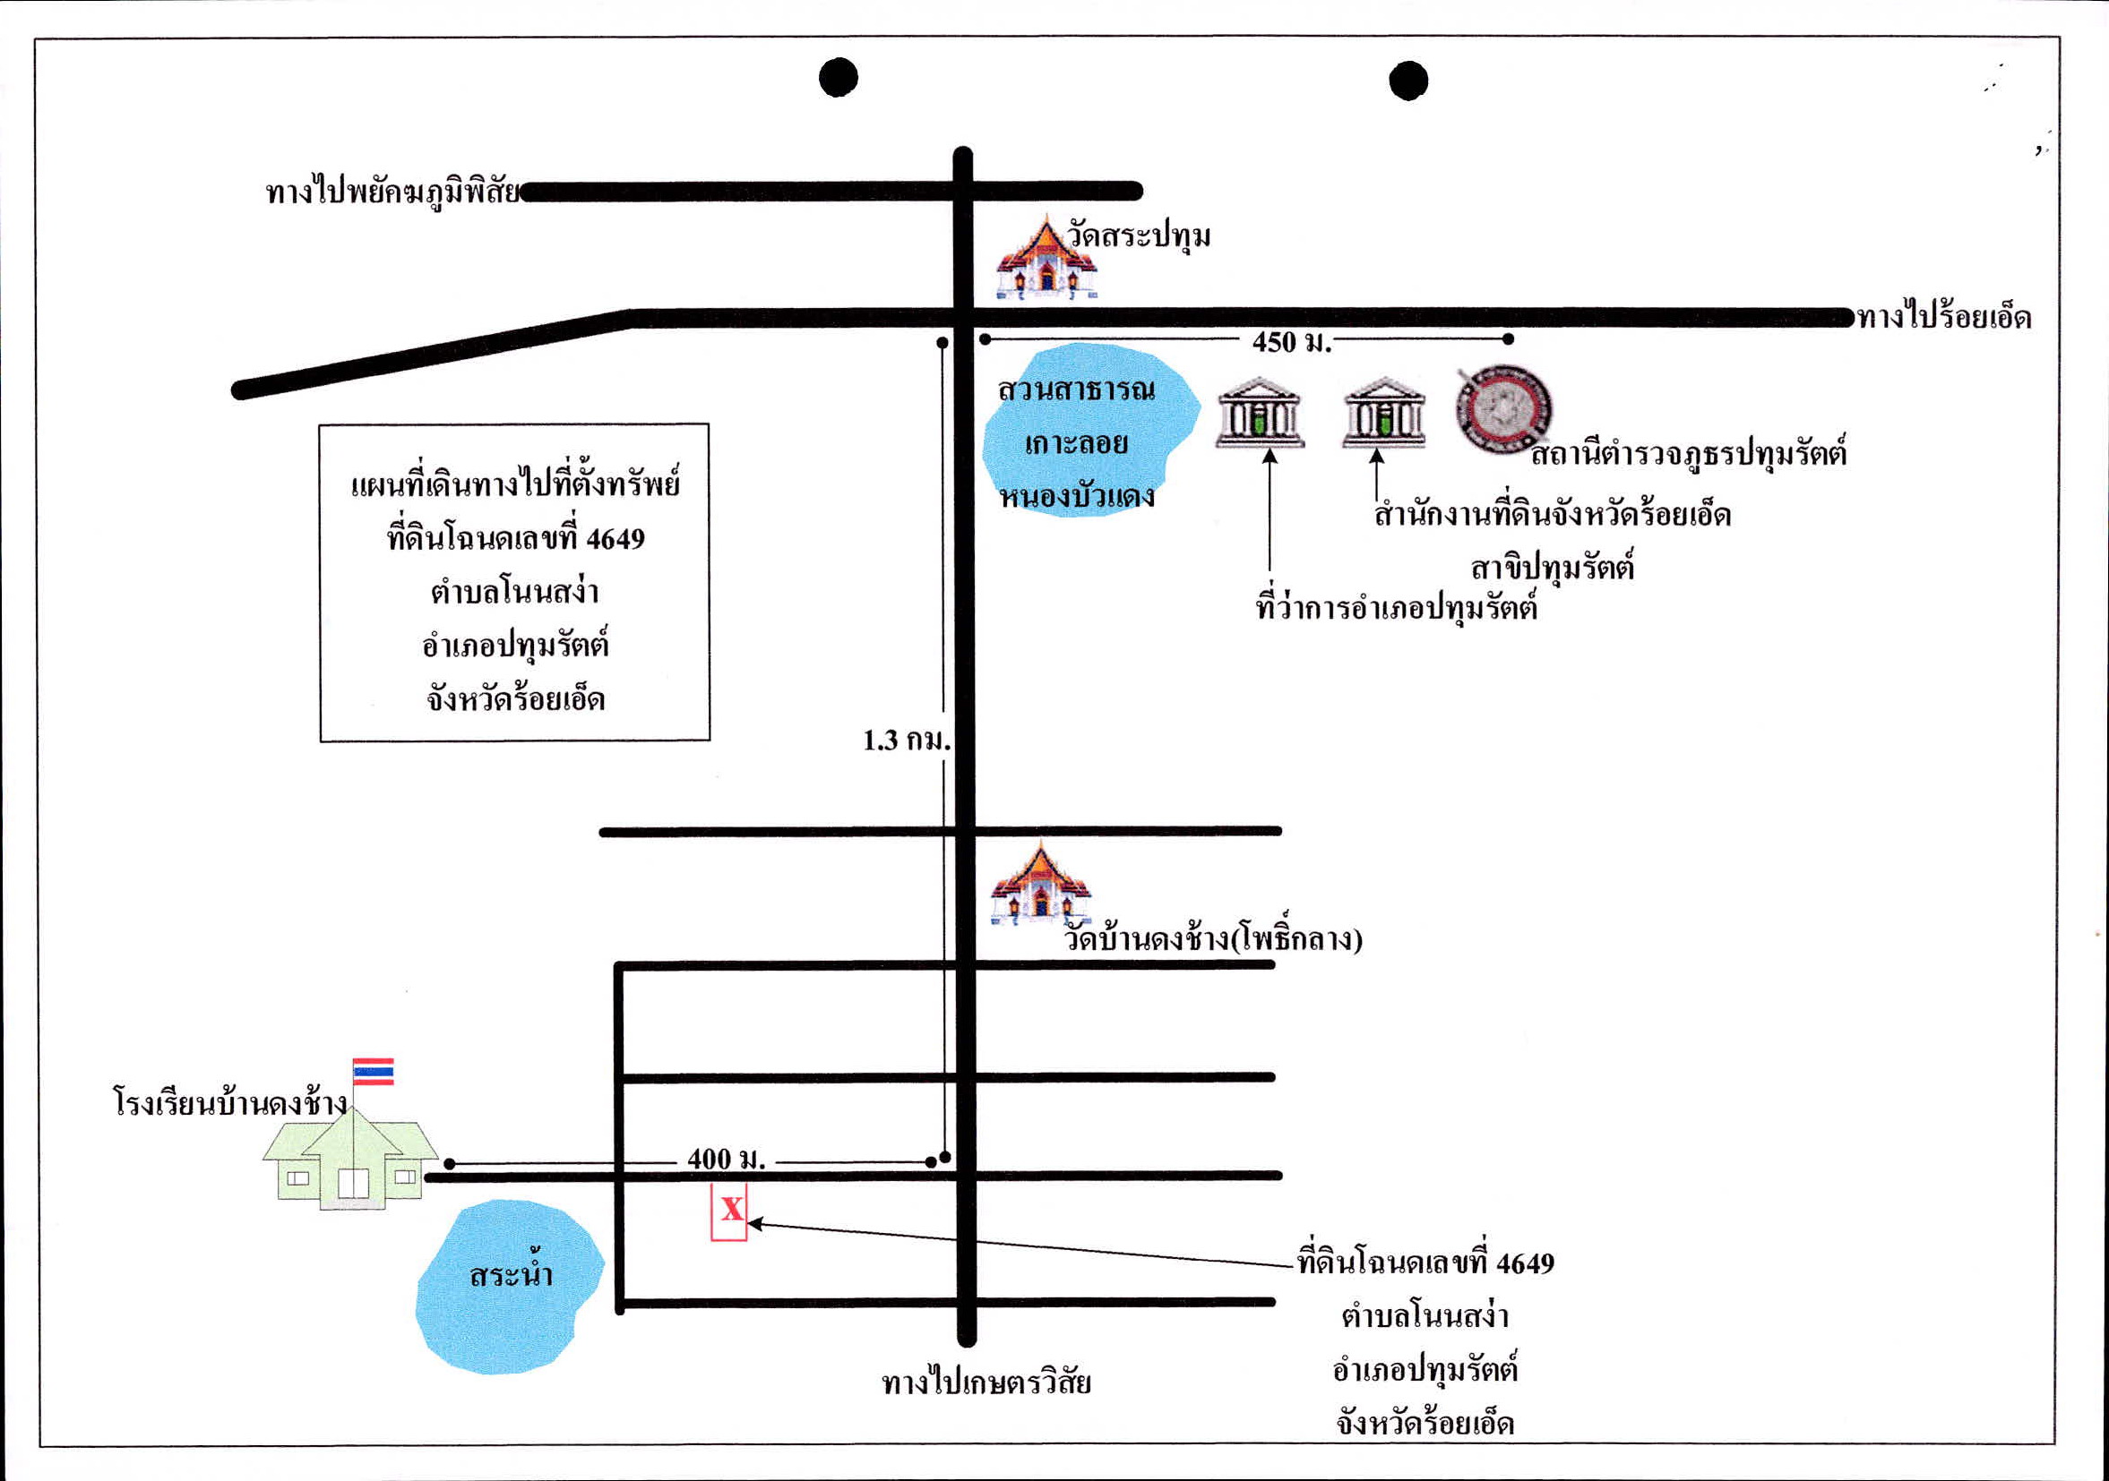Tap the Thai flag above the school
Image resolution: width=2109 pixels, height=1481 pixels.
click(373, 1072)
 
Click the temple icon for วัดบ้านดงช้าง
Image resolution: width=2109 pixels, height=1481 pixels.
click(1041, 882)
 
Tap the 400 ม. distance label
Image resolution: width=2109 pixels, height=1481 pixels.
click(726, 1159)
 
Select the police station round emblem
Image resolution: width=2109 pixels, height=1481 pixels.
click(1503, 409)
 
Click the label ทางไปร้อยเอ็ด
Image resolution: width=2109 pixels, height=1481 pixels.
click(1944, 318)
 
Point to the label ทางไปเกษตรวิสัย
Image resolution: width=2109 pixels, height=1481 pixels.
click(986, 1383)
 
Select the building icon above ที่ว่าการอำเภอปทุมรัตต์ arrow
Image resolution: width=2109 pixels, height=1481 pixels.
click(1260, 412)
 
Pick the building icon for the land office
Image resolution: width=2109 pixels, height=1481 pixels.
click(1383, 412)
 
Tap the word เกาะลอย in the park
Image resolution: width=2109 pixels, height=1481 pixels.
click(1076, 443)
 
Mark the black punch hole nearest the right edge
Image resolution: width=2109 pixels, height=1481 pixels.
click(1408, 80)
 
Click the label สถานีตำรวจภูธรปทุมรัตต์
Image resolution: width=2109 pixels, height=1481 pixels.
click(1688, 454)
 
